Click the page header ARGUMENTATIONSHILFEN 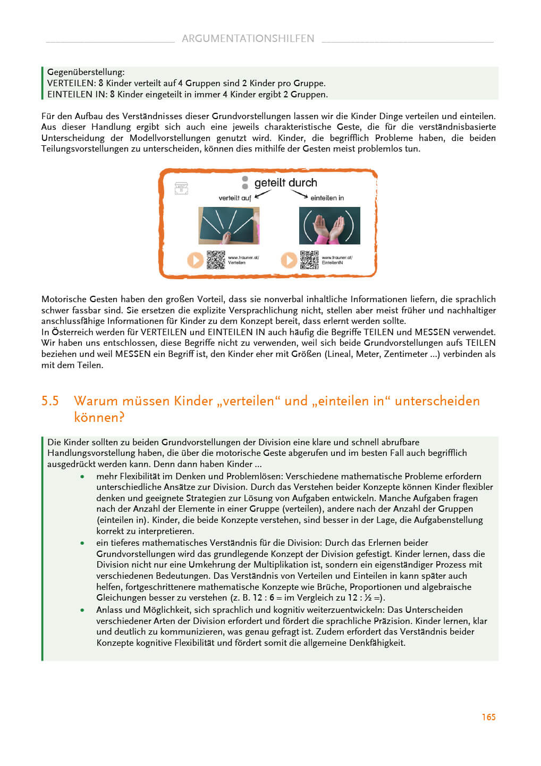tap(248, 38)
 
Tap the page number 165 tap(488, 717)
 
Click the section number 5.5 tap(50, 401)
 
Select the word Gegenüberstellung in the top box tap(86, 72)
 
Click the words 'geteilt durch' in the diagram tap(285, 182)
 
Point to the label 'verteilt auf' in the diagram tap(234, 198)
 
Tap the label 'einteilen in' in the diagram tap(327, 198)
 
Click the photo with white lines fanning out tap(229, 226)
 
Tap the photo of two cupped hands tap(329, 226)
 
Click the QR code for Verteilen tap(216, 260)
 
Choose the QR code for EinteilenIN tap(309, 260)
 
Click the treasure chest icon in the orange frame tap(181, 188)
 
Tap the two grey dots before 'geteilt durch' tap(245, 182)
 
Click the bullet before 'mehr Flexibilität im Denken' tap(82, 477)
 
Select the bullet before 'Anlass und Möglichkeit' tap(82, 610)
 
